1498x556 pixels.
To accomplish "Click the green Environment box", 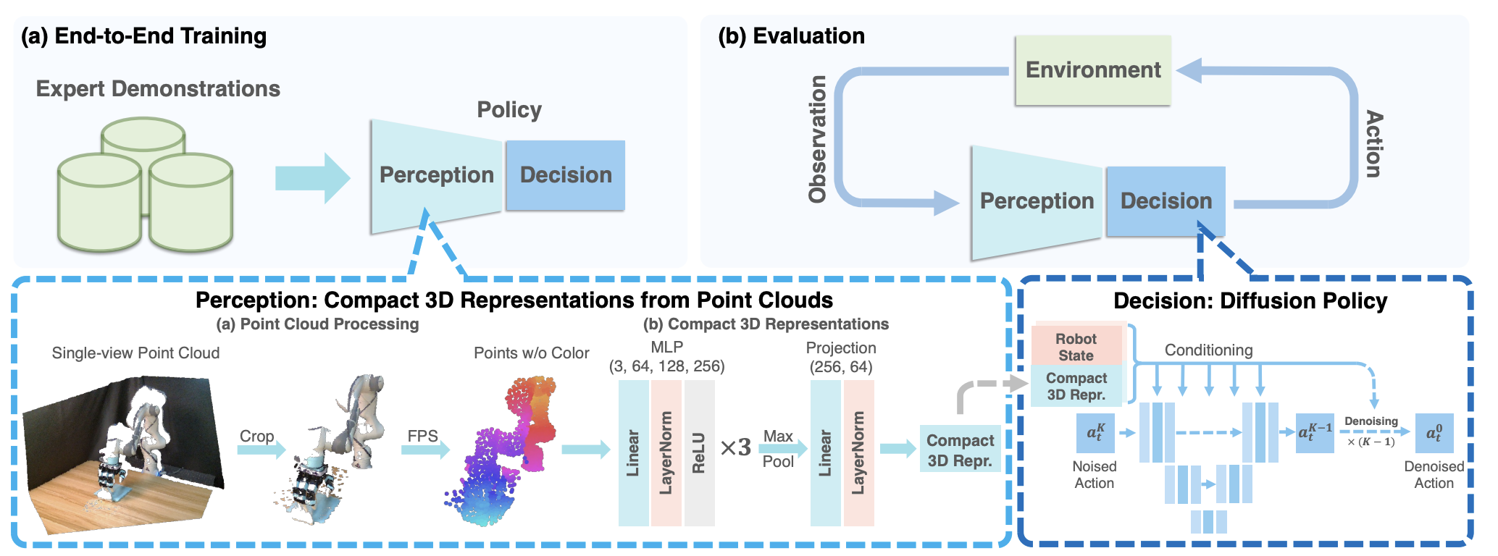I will (1092, 70).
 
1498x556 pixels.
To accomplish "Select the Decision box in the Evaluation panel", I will (1166, 201).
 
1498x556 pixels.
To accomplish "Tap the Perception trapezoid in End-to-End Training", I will (436, 175).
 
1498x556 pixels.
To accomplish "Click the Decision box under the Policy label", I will (565, 175).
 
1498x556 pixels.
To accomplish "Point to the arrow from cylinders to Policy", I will (311, 177).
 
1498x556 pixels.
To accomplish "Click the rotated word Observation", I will (818, 139).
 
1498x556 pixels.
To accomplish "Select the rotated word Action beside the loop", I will (1373, 143).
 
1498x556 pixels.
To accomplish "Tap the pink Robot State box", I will (1076, 347).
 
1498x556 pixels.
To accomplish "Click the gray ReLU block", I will (699, 453).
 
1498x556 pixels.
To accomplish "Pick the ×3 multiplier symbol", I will (735, 448).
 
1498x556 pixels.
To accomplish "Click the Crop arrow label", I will (256, 437).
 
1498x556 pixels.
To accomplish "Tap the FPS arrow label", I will (422, 437).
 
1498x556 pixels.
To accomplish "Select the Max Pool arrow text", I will (778, 448).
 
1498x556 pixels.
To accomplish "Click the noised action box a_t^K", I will (1095, 433).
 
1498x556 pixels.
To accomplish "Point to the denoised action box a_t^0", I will (1434, 433).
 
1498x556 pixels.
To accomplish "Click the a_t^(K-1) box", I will (1314, 433).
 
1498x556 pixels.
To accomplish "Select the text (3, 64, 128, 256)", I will (666, 366).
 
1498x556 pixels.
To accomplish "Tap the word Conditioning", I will (1208, 350).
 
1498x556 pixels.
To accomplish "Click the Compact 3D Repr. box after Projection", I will (960, 450).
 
